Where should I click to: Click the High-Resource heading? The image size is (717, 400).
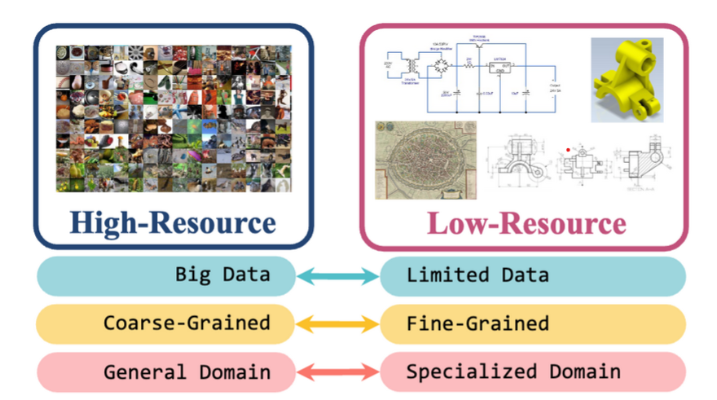click(x=172, y=222)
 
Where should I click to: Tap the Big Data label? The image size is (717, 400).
click(x=222, y=274)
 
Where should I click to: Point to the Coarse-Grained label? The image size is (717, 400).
click(x=187, y=323)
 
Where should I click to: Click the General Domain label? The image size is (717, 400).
click(x=187, y=372)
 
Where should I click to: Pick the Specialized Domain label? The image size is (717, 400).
click(x=513, y=372)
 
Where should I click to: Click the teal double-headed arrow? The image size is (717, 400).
click(x=337, y=277)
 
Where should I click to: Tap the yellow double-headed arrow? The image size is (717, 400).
click(x=337, y=325)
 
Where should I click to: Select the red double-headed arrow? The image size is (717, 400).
click(x=337, y=373)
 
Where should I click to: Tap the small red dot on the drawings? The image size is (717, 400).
click(x=567, y=150)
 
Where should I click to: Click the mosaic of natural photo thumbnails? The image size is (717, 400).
click(x=174, y=118)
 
